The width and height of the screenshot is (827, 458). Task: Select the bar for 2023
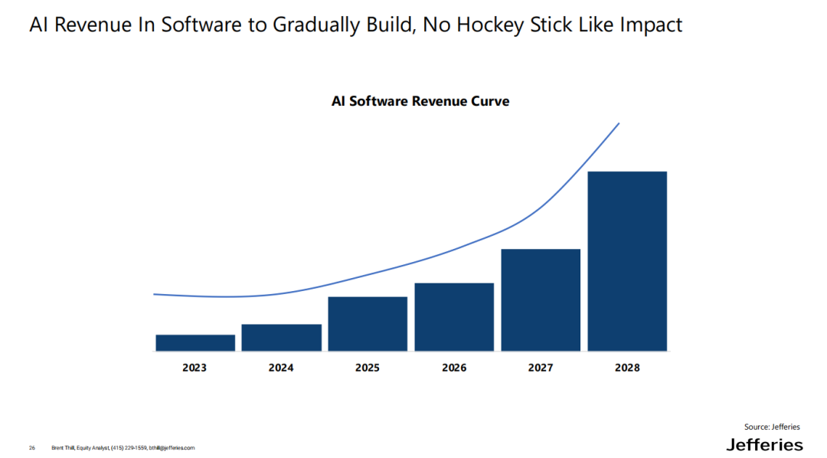195,343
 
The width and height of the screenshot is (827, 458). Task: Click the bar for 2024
281,338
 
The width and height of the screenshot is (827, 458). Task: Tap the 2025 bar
368,324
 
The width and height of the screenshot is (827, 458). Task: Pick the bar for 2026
454,317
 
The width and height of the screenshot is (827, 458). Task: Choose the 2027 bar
541,300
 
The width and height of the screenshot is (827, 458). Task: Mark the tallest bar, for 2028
627,261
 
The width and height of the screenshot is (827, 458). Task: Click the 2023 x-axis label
194,368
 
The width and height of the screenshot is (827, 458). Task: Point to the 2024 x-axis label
281,368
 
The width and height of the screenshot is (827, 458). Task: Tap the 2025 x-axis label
368,368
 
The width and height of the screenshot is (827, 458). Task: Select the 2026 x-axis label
454,368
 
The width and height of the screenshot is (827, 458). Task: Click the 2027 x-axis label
541,368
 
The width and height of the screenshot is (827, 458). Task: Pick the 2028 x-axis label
627,368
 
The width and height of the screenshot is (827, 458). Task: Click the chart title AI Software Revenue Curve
420,101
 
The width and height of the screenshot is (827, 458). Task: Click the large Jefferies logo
764,445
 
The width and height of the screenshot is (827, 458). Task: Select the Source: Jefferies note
772,427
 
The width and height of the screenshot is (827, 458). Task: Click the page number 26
32,447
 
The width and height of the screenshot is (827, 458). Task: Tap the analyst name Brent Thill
64,447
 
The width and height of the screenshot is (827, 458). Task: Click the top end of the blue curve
618,123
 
